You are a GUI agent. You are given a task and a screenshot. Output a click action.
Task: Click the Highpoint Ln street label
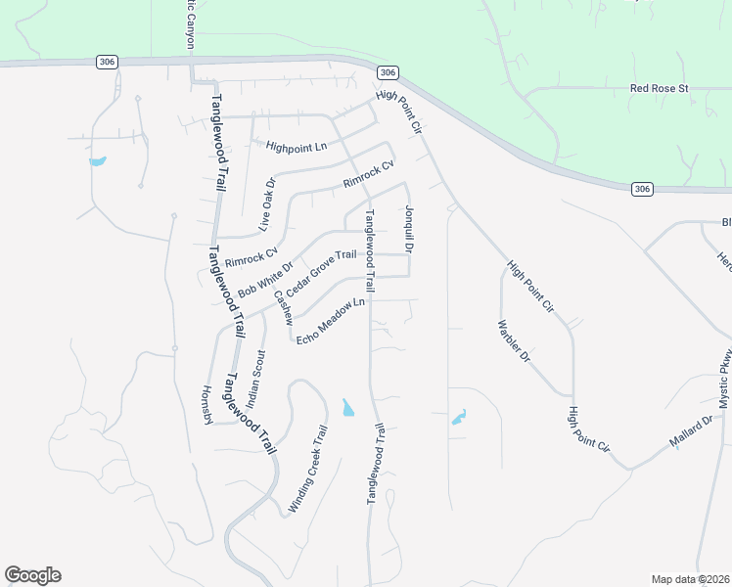pos(296,146)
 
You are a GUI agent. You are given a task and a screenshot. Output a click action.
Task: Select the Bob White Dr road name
pos(265,280)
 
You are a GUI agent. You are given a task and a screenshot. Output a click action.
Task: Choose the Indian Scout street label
pos(256,378)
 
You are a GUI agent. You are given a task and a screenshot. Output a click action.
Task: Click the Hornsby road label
pos(206,403)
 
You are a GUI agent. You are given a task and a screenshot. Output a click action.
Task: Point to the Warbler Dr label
pos(513,342)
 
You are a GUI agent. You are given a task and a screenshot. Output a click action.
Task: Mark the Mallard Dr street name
pos(693,431)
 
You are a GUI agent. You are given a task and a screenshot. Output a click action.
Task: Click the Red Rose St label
pos(660,88)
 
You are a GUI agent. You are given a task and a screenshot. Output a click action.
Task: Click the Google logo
pos(32,574)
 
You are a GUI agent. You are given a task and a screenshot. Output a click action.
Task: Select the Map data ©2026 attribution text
pos(690,579)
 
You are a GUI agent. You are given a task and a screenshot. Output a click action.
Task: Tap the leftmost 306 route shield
pos(108,62)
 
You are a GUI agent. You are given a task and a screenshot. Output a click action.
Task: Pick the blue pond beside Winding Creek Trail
pos(348,407)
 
